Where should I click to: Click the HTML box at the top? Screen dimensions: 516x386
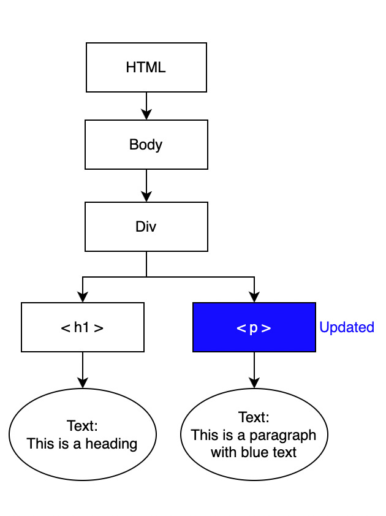(146, 67)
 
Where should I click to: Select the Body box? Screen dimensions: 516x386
(146, 145)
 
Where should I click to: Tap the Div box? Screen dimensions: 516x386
(146, 226)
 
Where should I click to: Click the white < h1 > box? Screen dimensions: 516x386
(83, 327)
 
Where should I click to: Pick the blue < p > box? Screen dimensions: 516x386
(254, 327)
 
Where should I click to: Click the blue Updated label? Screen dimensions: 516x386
(347, 327)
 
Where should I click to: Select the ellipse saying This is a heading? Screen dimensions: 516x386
(83, 434)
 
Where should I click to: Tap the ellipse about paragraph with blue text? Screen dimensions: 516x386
(254, 434)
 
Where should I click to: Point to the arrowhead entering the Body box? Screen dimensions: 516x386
(146, 114)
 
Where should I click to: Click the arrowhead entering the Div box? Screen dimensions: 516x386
(146, 196)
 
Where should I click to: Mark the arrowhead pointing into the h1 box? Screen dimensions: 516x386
(83, 297)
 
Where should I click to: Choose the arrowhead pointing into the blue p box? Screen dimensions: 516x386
(254, 297)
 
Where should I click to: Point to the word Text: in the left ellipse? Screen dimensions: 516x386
(83, 426)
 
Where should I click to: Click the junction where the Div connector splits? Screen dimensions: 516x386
(146, 277)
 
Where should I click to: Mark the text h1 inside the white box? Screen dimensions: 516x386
(81, 327)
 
